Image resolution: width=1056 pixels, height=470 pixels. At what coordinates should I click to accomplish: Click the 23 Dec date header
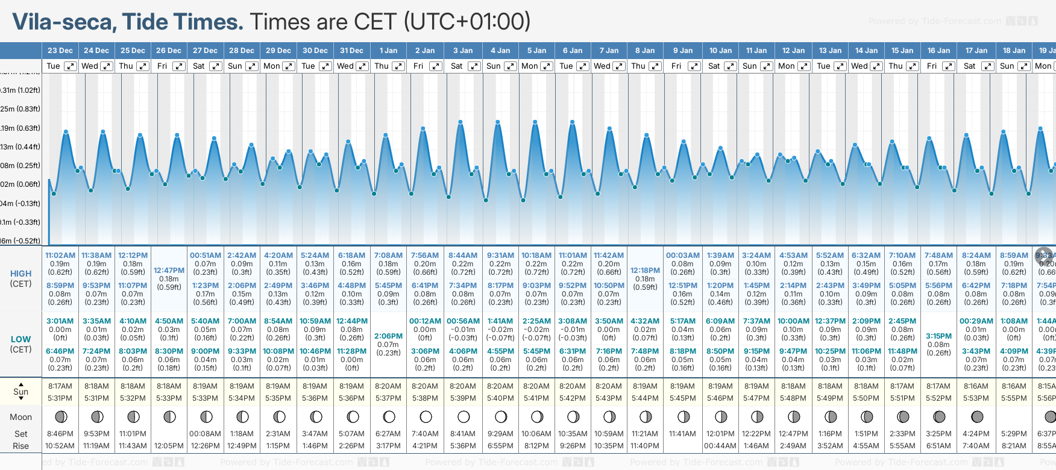click(60, 51)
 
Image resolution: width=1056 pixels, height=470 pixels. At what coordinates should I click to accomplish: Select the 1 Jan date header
click(388, 51)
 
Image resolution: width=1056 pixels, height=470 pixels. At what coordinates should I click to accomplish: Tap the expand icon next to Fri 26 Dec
click(179, 66)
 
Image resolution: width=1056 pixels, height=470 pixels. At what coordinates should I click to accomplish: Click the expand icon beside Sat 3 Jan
click(474, 66)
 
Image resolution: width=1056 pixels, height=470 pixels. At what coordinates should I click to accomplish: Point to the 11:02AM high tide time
click(60, 255)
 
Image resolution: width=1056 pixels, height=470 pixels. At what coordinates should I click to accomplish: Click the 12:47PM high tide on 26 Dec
click(169, 271)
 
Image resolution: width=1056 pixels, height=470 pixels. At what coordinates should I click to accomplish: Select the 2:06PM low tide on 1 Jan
click(388, 336)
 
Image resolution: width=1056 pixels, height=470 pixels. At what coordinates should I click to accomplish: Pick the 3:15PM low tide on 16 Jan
click(938, 336)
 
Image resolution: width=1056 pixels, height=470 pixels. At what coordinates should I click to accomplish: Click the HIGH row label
click(20, 274)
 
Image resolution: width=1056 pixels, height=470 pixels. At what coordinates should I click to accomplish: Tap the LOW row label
click(20, 339)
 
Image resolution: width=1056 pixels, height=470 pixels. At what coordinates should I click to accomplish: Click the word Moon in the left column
click(20, 417)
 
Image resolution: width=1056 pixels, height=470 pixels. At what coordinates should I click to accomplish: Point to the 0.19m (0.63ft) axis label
click(20, 128)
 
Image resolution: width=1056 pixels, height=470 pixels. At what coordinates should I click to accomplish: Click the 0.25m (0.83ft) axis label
click(20, 109)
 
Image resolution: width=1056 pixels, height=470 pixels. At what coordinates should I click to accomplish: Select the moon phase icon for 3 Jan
click(464, 416)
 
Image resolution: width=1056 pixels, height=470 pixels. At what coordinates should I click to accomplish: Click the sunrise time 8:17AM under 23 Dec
click(60, 386)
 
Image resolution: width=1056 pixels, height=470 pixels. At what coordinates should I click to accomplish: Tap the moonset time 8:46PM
click(60, 434)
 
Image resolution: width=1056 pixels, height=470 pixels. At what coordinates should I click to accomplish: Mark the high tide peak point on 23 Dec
click(66, 131)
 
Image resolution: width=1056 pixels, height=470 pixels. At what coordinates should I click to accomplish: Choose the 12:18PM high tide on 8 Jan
click(645, 271)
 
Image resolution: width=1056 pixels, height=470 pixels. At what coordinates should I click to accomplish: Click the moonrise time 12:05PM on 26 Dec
click(169, 446)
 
